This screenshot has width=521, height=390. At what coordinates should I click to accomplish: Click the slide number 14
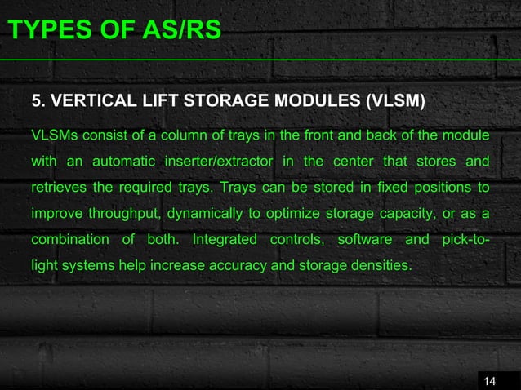pos(490,380)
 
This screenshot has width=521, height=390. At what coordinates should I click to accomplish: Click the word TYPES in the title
pos(38,31)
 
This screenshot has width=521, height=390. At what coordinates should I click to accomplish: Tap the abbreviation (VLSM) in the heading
pos(394,102)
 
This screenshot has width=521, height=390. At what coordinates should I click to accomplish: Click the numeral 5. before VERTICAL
pos(37,102)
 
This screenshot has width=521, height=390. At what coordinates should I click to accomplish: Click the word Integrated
pos(225,240)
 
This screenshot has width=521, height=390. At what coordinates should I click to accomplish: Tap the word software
pos(363,240)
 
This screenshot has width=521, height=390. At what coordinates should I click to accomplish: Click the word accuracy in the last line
pos(246,267)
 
